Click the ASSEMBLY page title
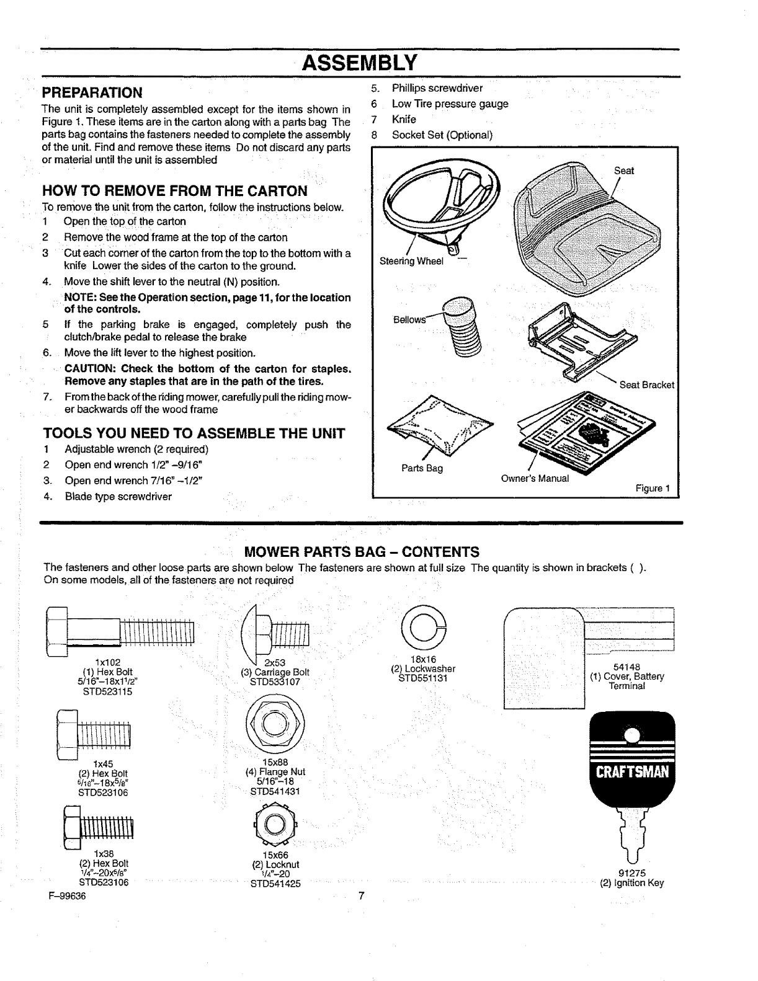[360, 63]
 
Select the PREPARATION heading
[92, 93]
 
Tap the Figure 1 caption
[653, 488]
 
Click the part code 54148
[626, 667]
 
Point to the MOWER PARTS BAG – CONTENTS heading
[362, 552]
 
